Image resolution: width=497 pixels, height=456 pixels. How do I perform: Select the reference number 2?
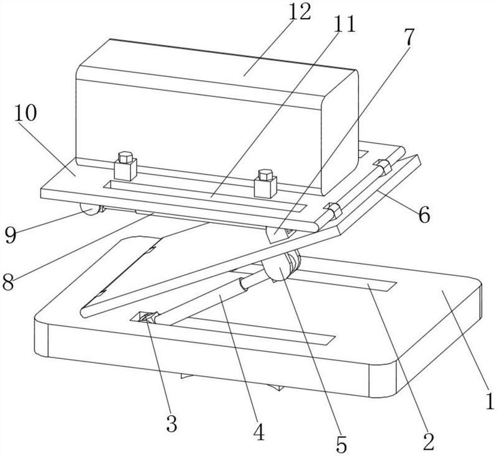(x=427, y=442)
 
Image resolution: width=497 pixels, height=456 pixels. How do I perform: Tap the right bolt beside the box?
(x=266, y=181)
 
